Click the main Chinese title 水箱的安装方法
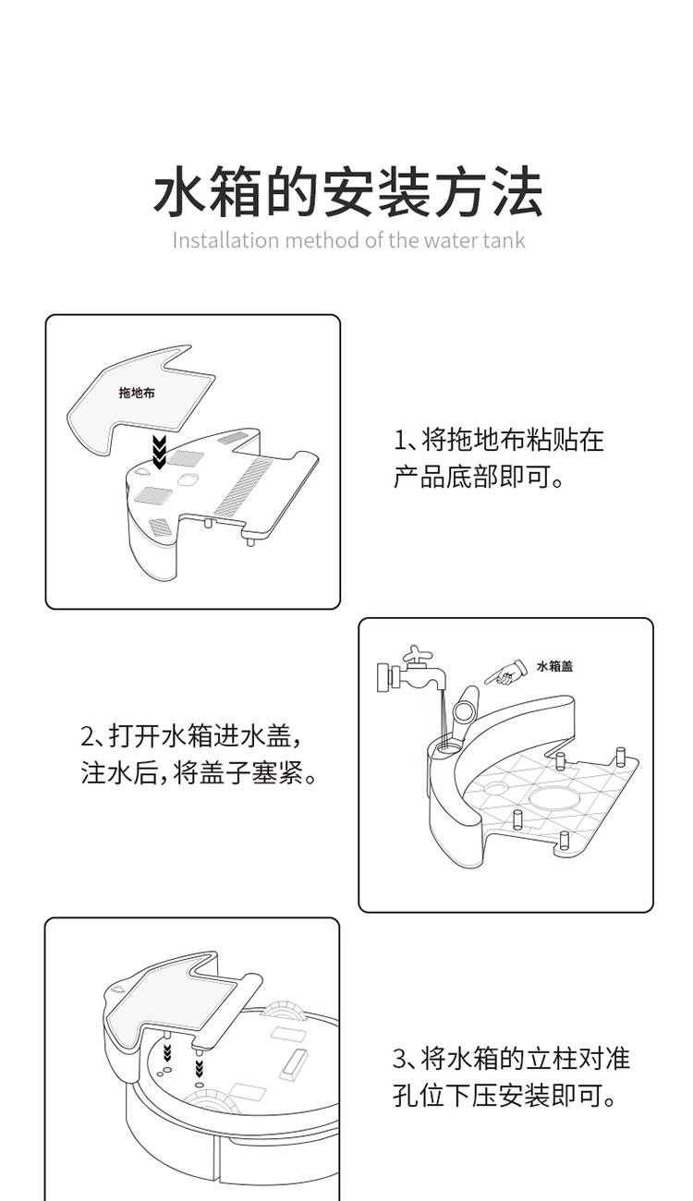tap(347, 191)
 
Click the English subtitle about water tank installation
tap(348, 239)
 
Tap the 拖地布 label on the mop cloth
tap(137, 393)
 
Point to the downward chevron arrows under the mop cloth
tap(159, 452)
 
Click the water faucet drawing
tap(413, 672)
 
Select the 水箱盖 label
tap(554, 666)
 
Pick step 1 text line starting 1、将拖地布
tap(499, 440)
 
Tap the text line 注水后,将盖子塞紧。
tap(199, 772)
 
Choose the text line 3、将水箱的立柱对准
tap(511, 1058)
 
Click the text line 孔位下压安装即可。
tap(505, 1095)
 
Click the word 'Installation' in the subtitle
tap(225, 239)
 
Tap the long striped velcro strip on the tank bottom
tap(243, 486)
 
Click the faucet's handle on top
tap(418, 654)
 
